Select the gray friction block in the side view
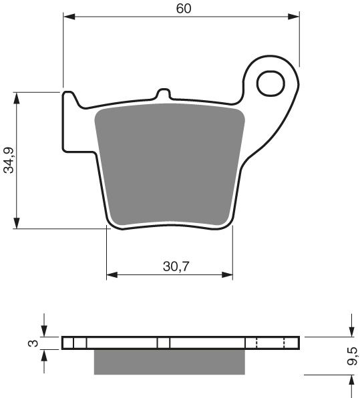(170, 361)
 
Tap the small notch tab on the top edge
(162, 94)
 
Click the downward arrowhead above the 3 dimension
(44, 332)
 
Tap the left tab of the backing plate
(70, 120)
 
